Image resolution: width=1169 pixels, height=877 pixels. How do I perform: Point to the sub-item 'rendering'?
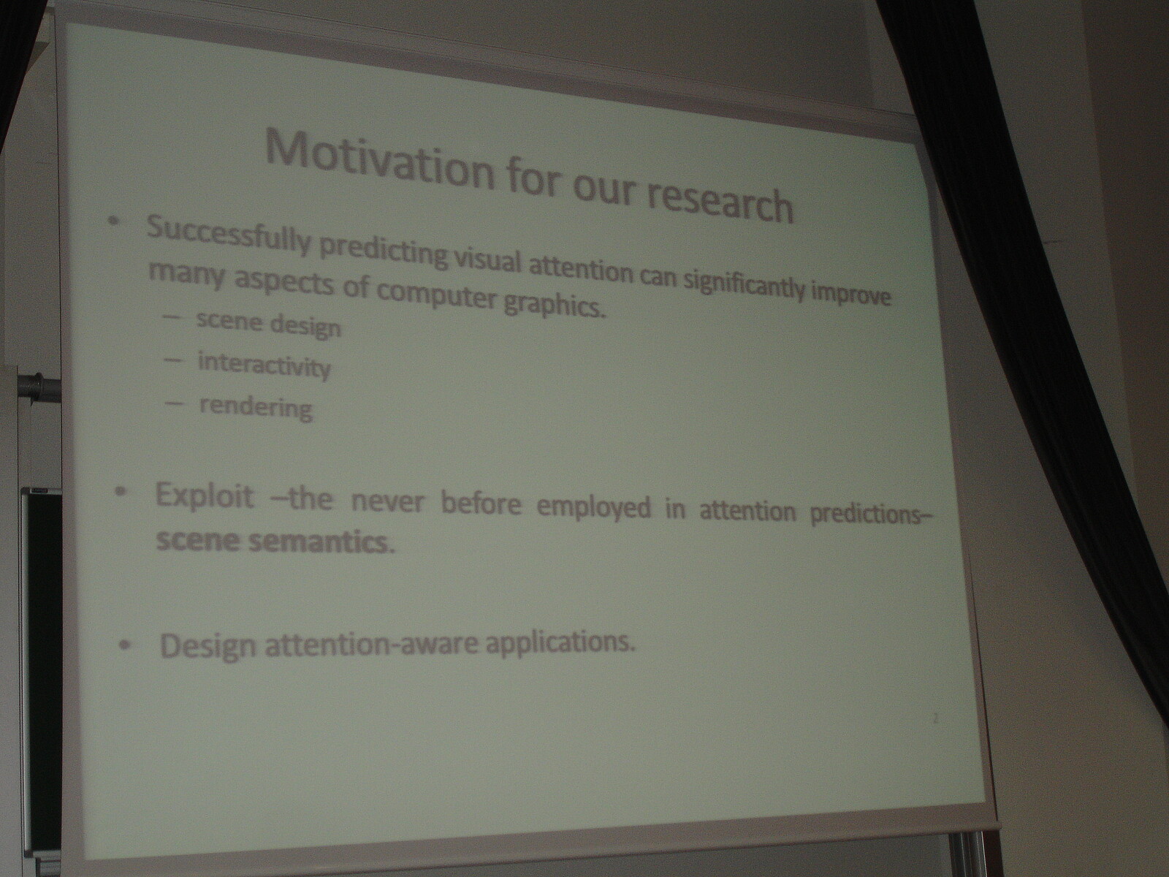[256, 409]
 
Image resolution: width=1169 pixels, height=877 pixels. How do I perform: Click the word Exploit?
[204, 496]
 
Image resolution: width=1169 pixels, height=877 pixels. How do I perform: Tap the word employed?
[593, 506]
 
